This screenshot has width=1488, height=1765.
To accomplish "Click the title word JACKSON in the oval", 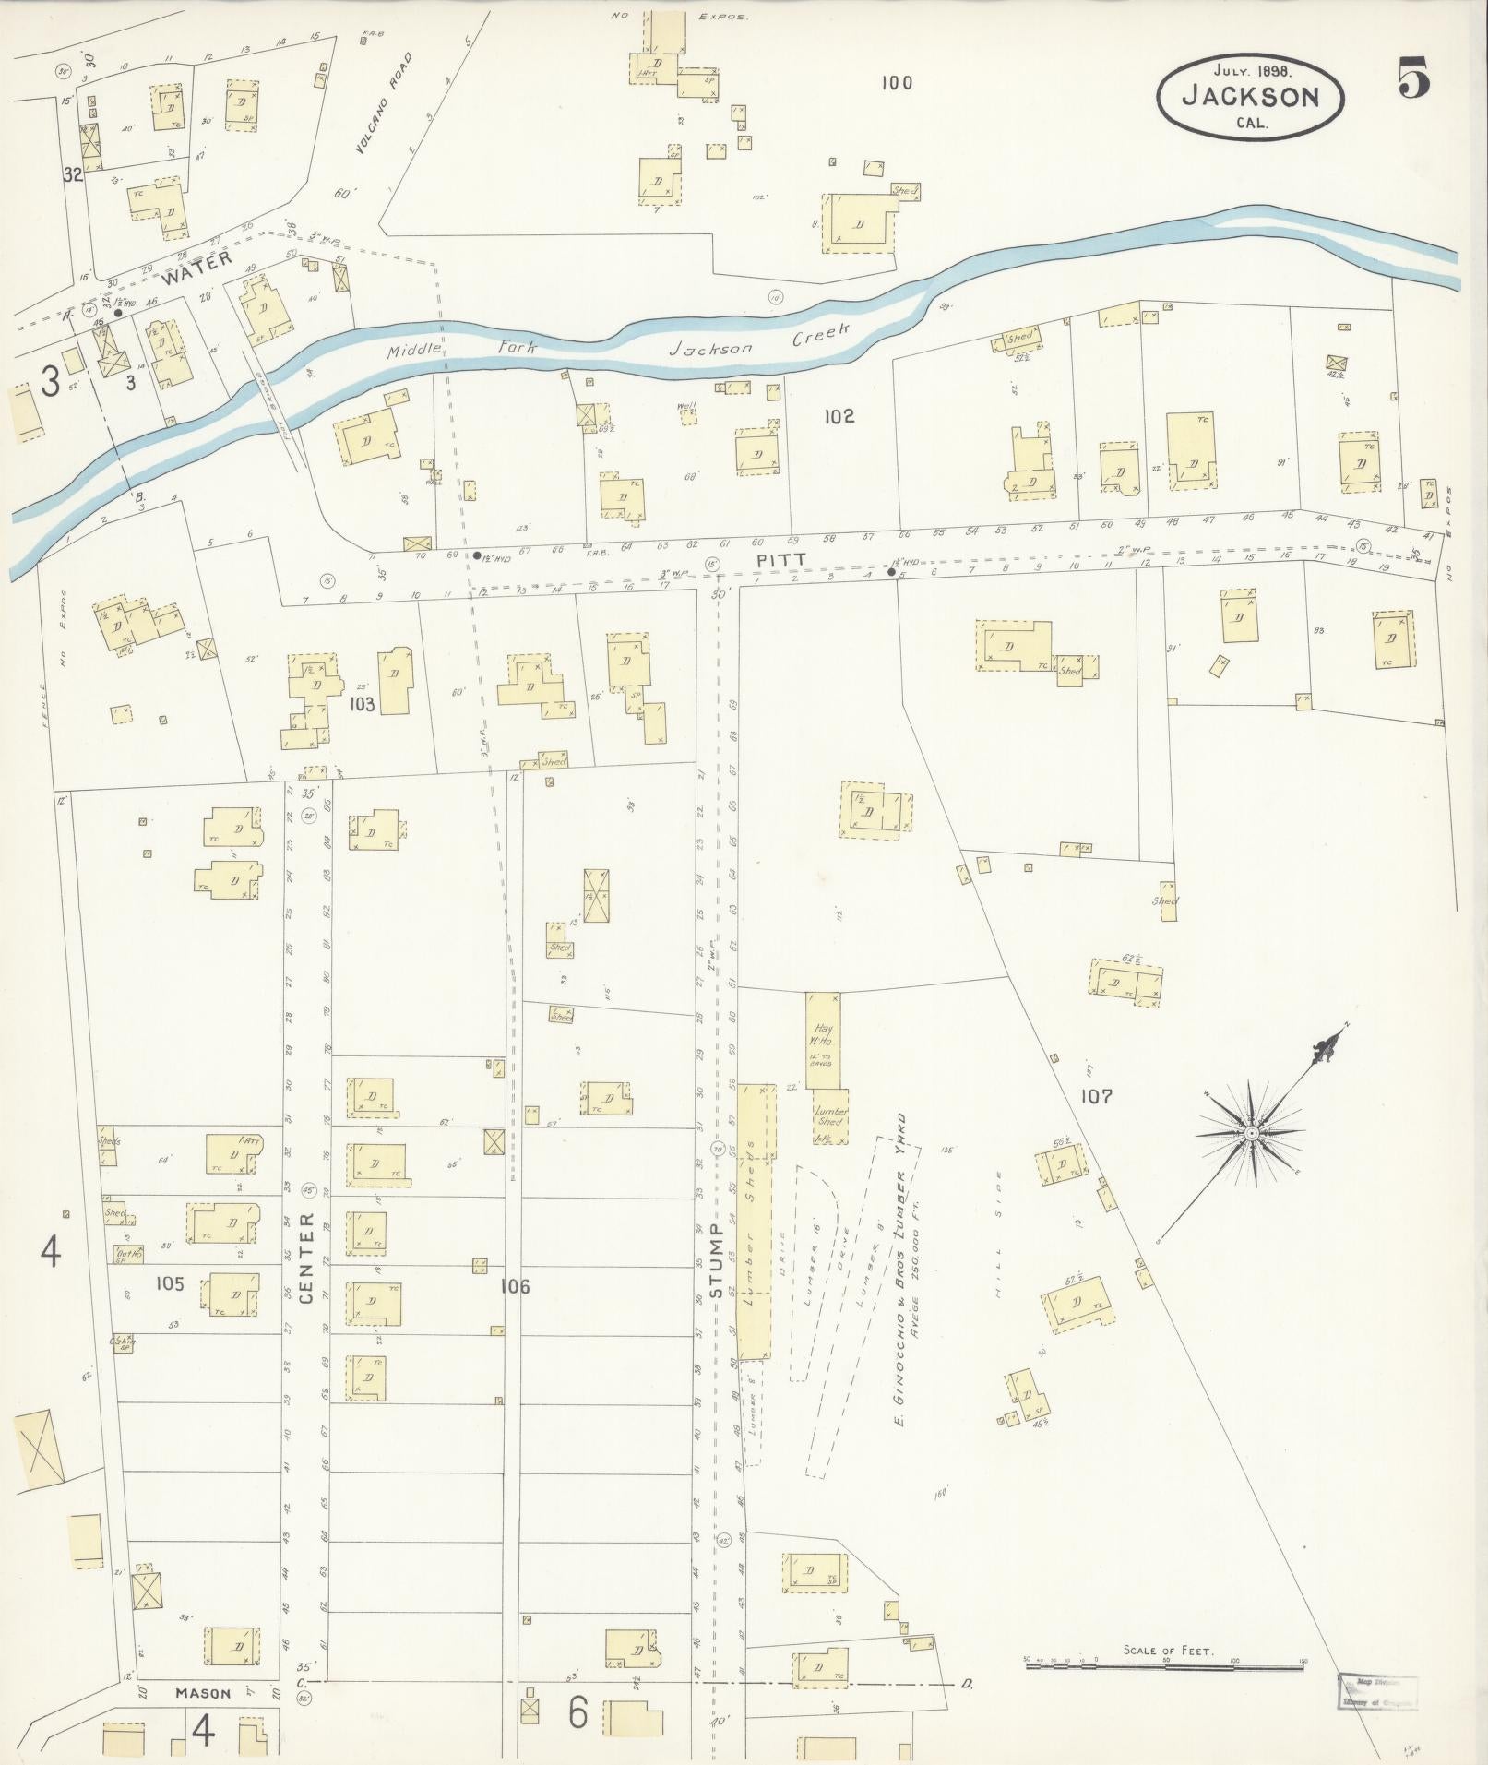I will tap(1250, 96).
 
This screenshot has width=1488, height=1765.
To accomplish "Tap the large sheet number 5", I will tap(1413, 78).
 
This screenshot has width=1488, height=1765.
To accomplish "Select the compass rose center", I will tap(1251, 1132).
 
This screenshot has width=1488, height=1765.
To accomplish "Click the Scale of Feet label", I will tap(1168, 1650).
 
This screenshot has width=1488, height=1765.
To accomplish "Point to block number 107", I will tap(1096, 1096).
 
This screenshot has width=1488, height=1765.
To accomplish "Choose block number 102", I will tap(839, 416).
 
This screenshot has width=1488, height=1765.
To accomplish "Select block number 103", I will tap(363, 705).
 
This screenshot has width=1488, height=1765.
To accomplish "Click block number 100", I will tap(896, 83).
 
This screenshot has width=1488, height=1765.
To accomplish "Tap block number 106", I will tap(514, 1285).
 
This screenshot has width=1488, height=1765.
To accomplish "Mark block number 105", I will tap(170, 1282).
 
